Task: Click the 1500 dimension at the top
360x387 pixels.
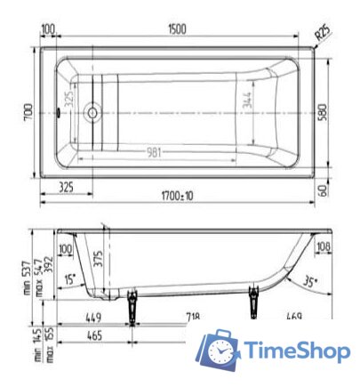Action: (x=177, y=29)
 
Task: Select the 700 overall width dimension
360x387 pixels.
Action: (x=28, y=112)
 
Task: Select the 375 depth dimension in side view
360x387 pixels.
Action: (x=100, y=259)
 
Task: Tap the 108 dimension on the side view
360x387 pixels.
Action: (x=323, y=246)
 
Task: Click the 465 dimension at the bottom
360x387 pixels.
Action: (x=95, y=336)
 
